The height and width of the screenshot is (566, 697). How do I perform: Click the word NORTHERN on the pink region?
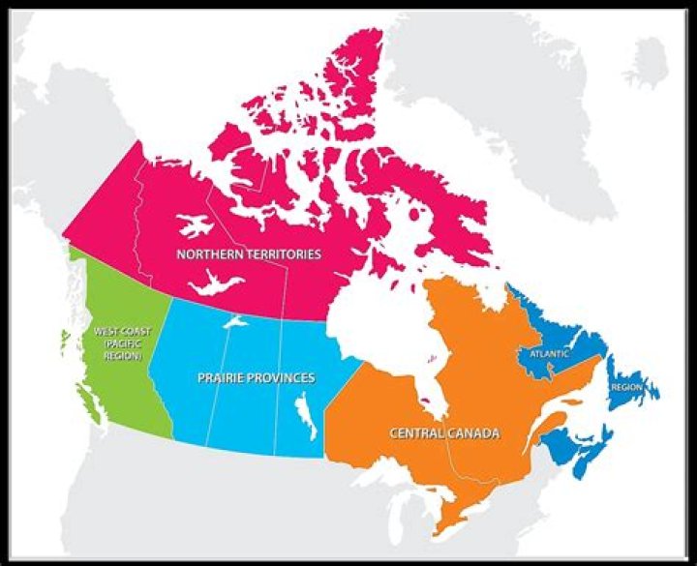coord(208,254)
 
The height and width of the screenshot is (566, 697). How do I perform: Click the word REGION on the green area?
coord(122,357)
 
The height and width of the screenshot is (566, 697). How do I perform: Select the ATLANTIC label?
coord(549,354)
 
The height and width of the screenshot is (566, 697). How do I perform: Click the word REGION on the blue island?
coord(627,387)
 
